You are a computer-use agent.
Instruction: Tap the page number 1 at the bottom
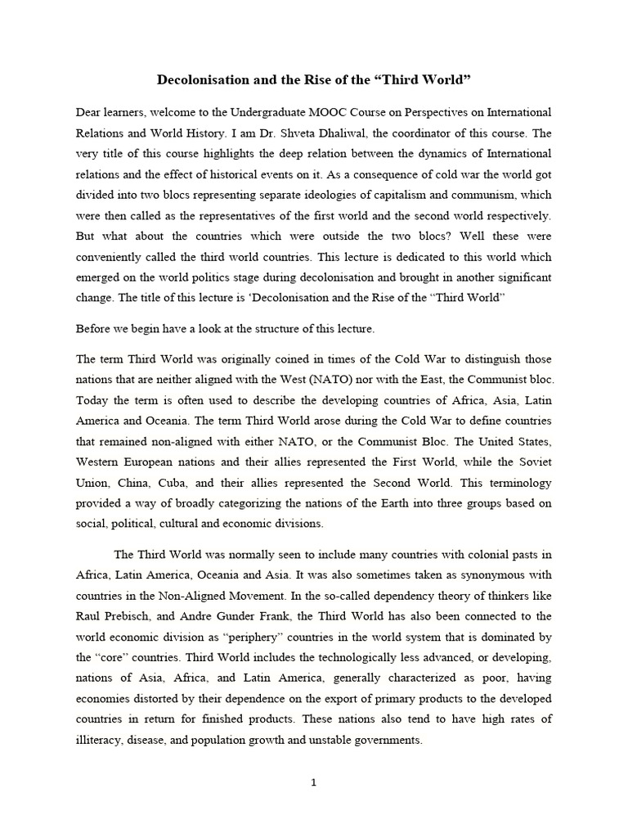pyautogui.click(x=313, y=782)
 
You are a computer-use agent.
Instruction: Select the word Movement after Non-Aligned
pyautogui.click(x=248, y=595)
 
